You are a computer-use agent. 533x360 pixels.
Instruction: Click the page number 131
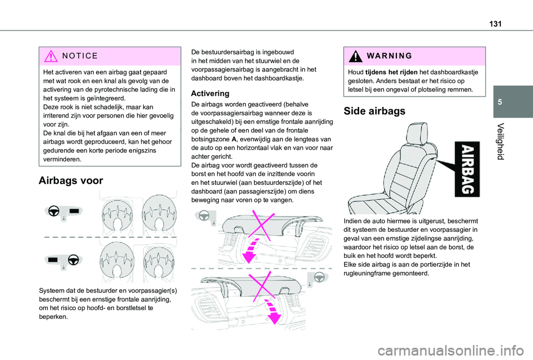tap(495, 24)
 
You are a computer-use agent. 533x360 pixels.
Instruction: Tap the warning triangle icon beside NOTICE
tap(51, 56)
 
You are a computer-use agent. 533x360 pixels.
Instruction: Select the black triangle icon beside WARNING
tap(355, 56)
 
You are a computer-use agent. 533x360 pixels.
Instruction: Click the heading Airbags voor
tap(71, 180)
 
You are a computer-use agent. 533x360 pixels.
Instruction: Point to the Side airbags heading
tap(374, 111)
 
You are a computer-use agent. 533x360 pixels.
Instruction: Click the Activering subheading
tap(210, 93)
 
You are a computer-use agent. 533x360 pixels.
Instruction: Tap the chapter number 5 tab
tap(500, 102)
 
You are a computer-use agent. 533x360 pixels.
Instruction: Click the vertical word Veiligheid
tap(500, 141)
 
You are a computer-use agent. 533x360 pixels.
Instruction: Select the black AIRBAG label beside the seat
tap(467, 169)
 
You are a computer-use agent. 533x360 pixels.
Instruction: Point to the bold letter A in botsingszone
tap(234, 139)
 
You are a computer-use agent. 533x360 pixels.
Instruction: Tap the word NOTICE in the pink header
tap(80, 55)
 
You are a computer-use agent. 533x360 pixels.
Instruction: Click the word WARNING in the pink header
tap(389, 55)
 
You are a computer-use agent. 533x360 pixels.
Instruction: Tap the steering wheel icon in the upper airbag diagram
tap(54, 211)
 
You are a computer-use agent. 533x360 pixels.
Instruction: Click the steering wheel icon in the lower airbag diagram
tap(73, 260)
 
